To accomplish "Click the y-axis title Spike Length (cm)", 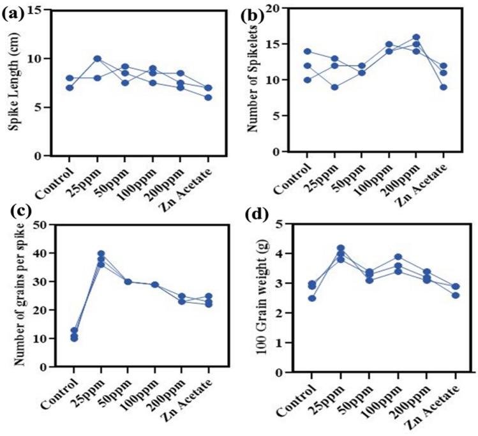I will coord(13,83).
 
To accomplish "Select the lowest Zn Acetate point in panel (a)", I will coord(208,98).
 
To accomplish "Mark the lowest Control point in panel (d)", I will coord(311,298).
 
